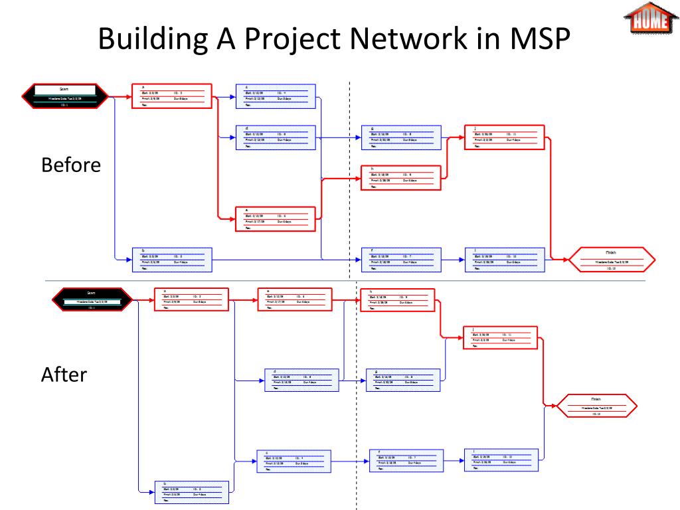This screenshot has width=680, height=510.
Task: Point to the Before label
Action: (x=71, y=165)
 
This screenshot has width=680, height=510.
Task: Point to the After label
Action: (x=64, y=375)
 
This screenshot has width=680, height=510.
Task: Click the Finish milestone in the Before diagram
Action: (x=611, y=260)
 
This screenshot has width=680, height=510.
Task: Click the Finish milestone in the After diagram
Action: (x=596, y=406)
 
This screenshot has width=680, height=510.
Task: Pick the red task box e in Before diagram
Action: (x=276, y=218)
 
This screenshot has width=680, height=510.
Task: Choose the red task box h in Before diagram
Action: (x=400, y=178)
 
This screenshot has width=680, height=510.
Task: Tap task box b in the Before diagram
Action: (x=172, y=260)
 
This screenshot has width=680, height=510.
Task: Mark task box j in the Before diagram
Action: (x=504, y=137)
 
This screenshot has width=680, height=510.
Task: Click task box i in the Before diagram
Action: (x=504, y=260)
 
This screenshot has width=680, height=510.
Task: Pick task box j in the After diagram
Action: (x=503, y=337)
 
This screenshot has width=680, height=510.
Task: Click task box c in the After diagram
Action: (x=294, y=461)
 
